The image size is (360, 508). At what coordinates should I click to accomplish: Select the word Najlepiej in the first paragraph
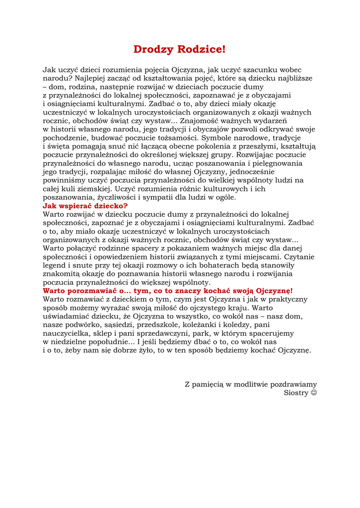coord(90,78)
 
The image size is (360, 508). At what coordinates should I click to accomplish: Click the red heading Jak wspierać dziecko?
coord(85,205)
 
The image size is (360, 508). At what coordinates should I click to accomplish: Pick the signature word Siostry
coord(296,392)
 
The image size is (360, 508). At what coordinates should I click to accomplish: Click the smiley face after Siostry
coord(314,392)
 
